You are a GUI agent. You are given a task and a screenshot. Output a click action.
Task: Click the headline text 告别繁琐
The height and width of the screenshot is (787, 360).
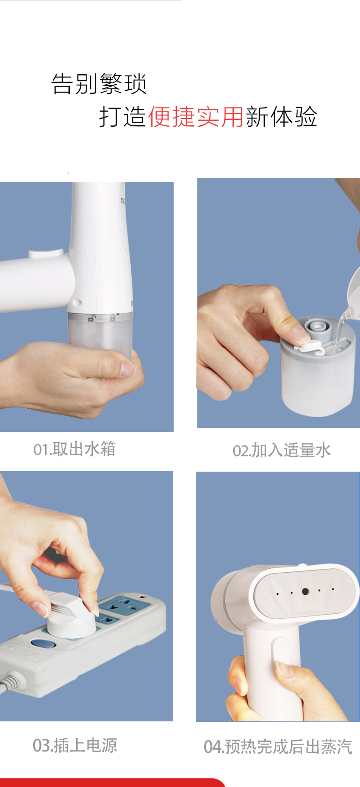pos(99,84)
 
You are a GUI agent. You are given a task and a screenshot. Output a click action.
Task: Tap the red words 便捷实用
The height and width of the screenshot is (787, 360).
pos(196,117)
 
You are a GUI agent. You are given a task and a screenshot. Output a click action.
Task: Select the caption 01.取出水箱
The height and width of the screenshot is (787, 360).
pos(75,449)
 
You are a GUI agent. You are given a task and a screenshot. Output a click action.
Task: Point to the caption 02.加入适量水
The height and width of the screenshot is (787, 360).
pos(282,451)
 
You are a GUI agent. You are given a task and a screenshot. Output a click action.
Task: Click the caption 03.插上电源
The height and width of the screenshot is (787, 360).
pos(75,746)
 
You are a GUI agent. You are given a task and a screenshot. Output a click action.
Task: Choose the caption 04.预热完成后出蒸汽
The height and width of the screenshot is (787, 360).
pos(278,747)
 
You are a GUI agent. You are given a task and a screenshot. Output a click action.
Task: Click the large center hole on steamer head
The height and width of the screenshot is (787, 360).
pos(305,592)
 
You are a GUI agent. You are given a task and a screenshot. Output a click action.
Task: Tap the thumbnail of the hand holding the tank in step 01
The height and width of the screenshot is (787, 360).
pos(87,307)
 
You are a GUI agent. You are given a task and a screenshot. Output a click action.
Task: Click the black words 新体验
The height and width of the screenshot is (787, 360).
pos(281,117)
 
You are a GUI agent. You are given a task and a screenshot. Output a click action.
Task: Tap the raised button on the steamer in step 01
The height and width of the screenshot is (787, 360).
pos(46,253)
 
